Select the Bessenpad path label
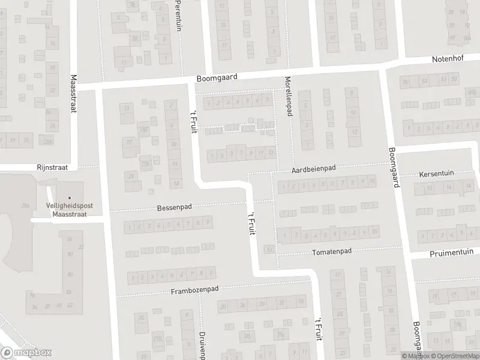[174, 207]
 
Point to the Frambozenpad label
[193, 289]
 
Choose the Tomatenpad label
[331, 252]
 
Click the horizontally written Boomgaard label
[217, 78]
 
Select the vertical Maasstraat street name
[74, 95]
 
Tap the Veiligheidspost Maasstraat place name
[70, 209]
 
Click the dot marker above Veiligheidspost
[70, 197]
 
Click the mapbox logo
[26, 353]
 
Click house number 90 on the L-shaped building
[70, 254]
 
